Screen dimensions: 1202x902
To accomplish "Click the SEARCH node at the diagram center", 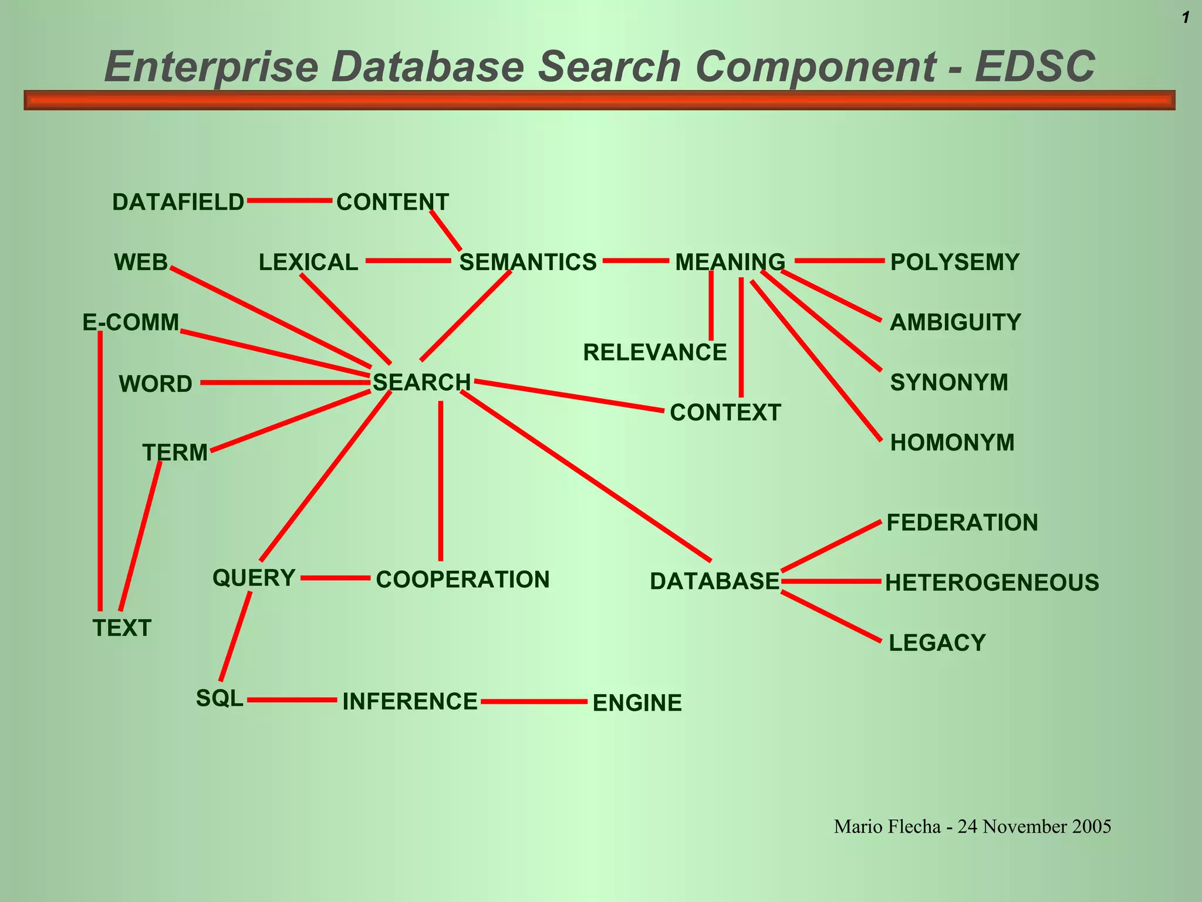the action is [421, 382].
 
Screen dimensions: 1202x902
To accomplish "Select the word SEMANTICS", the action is [528, 262].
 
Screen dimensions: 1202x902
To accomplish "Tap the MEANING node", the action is [730, 262].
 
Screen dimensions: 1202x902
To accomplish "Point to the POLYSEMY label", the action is [955, 262].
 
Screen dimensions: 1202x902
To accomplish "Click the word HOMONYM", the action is [952, 443].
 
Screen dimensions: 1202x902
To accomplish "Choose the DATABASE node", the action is [714, 581].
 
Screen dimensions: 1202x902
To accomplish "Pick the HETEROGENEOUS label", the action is [992, 583].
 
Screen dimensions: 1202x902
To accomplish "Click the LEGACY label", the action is [937, 643].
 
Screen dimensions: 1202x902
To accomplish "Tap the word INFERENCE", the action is [410, 702].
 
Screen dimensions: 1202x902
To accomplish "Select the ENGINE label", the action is [637, 703].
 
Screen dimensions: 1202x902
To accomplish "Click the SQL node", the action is [220, 698].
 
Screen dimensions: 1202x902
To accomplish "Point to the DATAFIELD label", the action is [178, 202].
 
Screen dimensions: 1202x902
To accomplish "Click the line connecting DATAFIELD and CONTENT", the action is [290, 201].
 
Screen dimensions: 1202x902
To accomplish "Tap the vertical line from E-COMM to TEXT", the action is [100, 470].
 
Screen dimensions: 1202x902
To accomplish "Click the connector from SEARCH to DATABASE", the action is [587, 476].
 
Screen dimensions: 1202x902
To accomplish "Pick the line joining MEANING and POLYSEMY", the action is [839, 261].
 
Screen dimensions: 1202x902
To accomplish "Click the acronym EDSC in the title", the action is [1035, 66].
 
